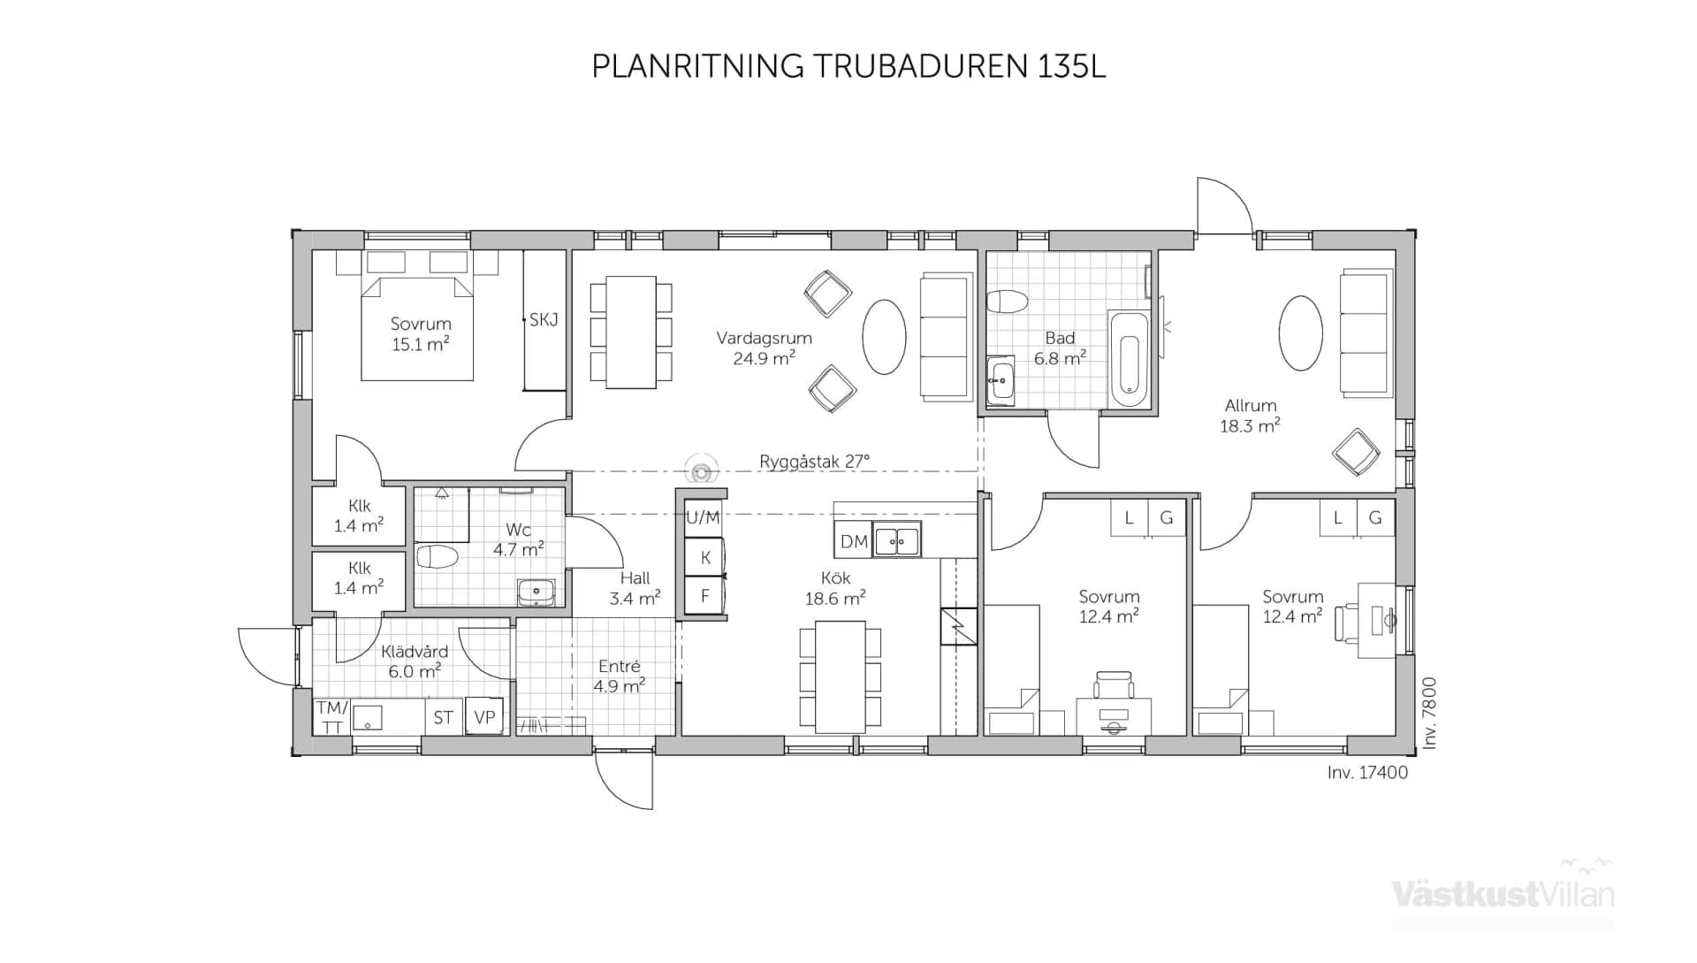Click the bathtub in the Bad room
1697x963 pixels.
(1129, 358)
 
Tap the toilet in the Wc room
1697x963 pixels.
(437, 556)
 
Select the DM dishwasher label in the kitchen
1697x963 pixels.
(854, 541)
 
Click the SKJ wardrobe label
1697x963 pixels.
(544, 320)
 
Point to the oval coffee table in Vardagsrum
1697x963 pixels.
(884, 337)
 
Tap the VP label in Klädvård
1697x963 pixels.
(484, 717)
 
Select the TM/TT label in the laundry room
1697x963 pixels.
(332, 717)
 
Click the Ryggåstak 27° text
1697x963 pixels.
(814, 461)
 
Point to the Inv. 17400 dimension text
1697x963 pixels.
(1367, 772)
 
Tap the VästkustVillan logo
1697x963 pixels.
(1503, 893)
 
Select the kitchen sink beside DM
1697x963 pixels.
(897, 539)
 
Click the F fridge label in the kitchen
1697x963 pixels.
(704, 596)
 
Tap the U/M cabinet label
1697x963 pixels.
(703, 517)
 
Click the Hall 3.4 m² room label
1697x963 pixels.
(635, 588)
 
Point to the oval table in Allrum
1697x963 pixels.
(1300, 332)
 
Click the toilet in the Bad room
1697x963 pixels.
(1007, 302)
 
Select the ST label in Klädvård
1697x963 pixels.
(443, 717)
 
